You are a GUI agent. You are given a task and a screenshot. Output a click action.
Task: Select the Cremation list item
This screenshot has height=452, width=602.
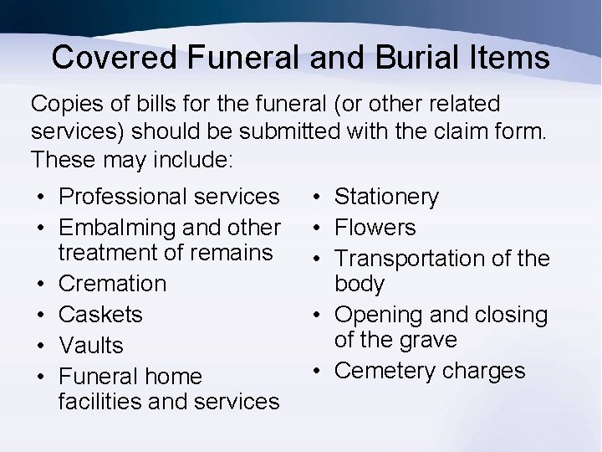click(x=112, y=284)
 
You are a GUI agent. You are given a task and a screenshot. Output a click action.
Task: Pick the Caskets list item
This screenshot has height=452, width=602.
click(x=100, y=315)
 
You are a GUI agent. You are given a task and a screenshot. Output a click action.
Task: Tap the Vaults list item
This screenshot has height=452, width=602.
click(x=91, y=346)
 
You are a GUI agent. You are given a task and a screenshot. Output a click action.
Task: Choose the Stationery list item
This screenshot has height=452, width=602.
click(x=386, y=198)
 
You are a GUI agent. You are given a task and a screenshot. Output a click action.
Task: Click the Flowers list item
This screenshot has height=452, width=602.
click(x=375, y=228)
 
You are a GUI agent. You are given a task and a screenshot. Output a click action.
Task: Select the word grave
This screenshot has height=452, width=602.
click(x=428, y=340)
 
